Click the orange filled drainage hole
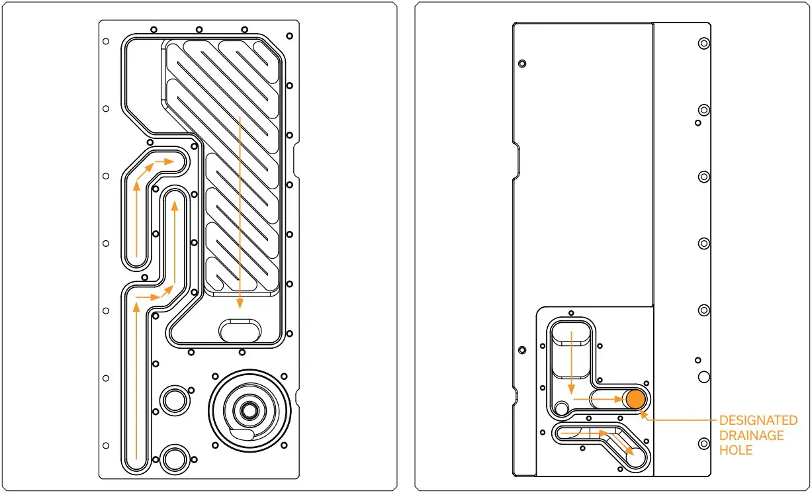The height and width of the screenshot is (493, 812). (x=635, y=399)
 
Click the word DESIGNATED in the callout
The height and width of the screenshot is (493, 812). (x=758, y=421)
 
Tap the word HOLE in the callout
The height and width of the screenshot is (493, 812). (x=736, y=450)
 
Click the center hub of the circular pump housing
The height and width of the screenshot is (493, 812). (x=249, y=410)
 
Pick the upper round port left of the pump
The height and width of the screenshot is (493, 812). (x=175, y=400)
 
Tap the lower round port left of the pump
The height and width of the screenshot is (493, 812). (x=175, y=457)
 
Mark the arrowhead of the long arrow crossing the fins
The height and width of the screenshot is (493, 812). (x=240, y=305)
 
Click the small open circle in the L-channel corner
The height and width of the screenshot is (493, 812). (x=562, y=408)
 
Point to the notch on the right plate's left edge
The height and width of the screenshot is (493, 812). (x=517, y=159)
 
